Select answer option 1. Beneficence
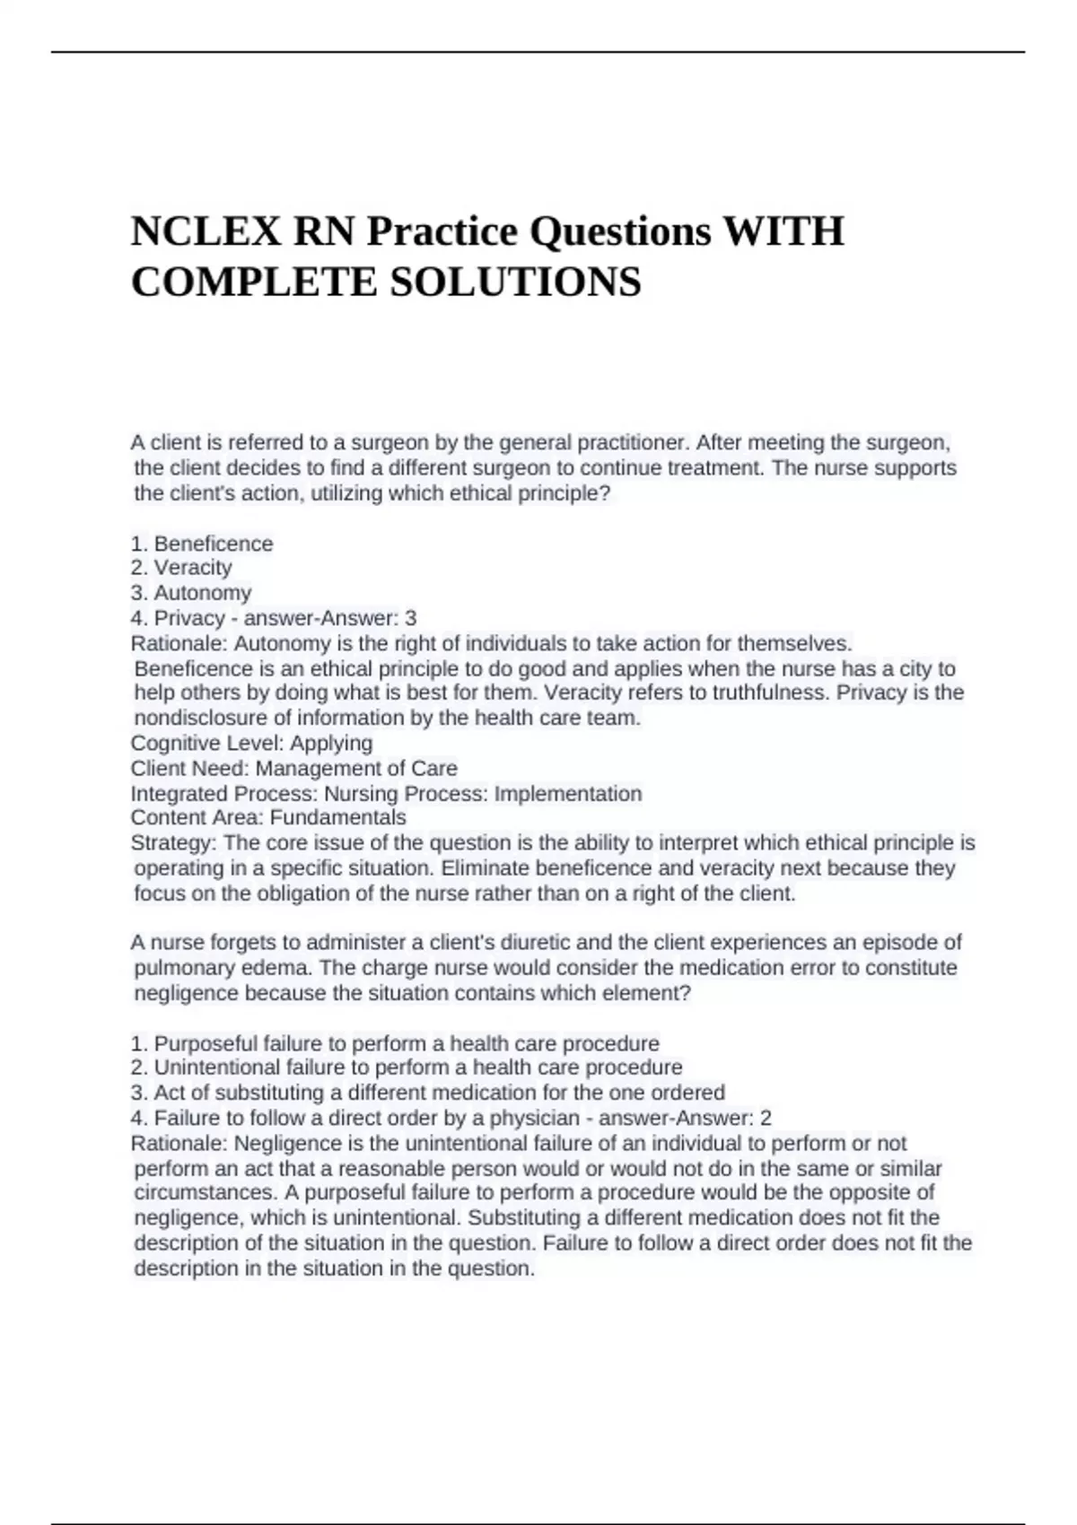pyautogui.click(x=202, y=544)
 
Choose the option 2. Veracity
pyautogui.click(x=181, y=568)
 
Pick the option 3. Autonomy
pyautogui.click(x=191, y=593)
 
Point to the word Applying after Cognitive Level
pyautogui.click(x=331, y=743)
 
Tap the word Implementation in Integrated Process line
pyautogui.click(x=568, y=794)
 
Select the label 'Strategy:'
pyautogui.click(x=173, y=843)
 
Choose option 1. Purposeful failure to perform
pyautogui.click(x=395, y=1043)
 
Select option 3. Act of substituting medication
pyautogui.click(x=427, y=1093)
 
